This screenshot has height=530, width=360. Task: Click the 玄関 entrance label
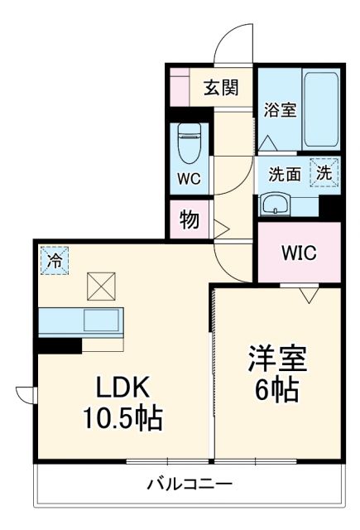[x=221, y=87]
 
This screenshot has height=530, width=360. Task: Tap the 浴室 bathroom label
[x=280, y=109]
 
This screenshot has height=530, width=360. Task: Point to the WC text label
[x=189, y=177]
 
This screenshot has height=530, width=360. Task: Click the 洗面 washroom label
[x=286, y=175]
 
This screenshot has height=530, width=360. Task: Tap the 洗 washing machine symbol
[x=324, y=174]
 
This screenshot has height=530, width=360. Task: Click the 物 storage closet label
[x=189, y=220]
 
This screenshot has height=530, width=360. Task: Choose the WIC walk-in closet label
[x=298, y=253]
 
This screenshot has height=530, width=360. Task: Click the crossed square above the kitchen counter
[x=101, y=289]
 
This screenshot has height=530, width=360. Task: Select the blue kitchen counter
[x=79, y=320]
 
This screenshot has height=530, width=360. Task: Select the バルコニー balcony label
[x=190, y=484]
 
